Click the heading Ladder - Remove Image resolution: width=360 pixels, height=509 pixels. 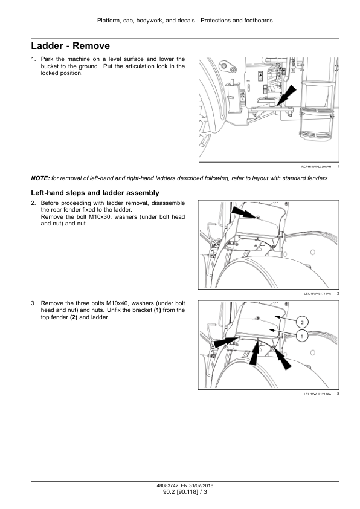(71, 46)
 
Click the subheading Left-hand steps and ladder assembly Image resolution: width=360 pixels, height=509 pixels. (95, 193)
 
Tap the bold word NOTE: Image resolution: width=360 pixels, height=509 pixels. (40, 178)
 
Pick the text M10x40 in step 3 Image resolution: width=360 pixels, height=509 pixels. (117, 303)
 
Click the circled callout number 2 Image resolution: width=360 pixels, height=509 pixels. (302, 322)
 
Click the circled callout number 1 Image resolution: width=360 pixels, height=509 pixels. (302, 336)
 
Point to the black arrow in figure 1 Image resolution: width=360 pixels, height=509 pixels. (286, 96)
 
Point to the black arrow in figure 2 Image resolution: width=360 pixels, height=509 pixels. (245, 212)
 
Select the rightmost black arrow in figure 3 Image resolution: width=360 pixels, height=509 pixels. (282, 358)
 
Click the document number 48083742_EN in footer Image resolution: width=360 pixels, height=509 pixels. (172, 485)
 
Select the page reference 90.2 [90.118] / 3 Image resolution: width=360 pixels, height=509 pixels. (185, 492)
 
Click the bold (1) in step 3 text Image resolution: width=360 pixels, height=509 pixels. (157, 310)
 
